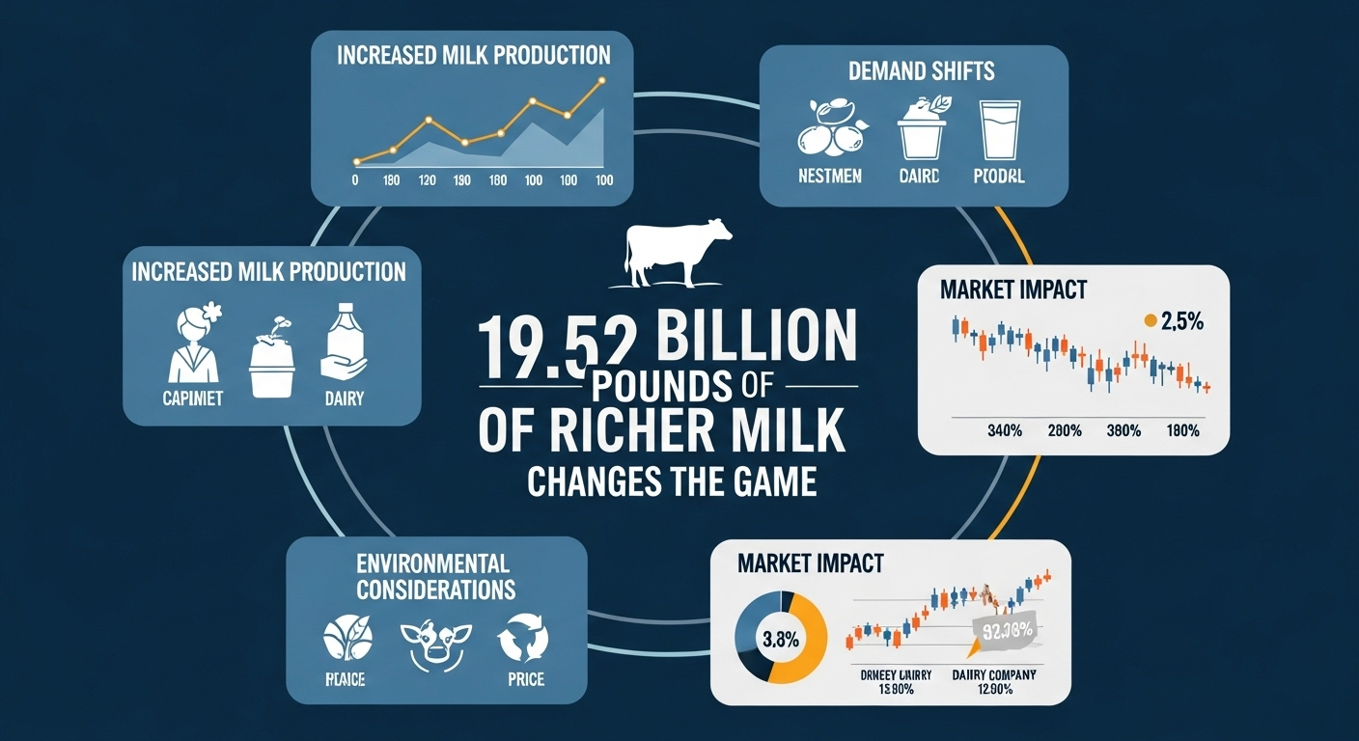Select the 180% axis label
pos(1181,430)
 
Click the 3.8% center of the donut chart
pos(780,638)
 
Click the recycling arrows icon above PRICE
pos(523,638)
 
